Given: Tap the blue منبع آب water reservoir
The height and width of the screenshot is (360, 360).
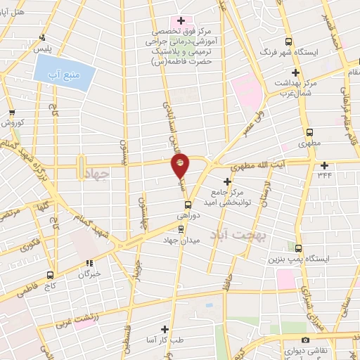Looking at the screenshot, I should tap(63, 74).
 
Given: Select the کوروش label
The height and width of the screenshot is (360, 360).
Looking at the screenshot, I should tap(12, 122).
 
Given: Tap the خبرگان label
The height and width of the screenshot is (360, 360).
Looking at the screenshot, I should tap(89, 273).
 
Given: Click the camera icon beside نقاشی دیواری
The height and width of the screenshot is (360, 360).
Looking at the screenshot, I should tap(305, 340).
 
